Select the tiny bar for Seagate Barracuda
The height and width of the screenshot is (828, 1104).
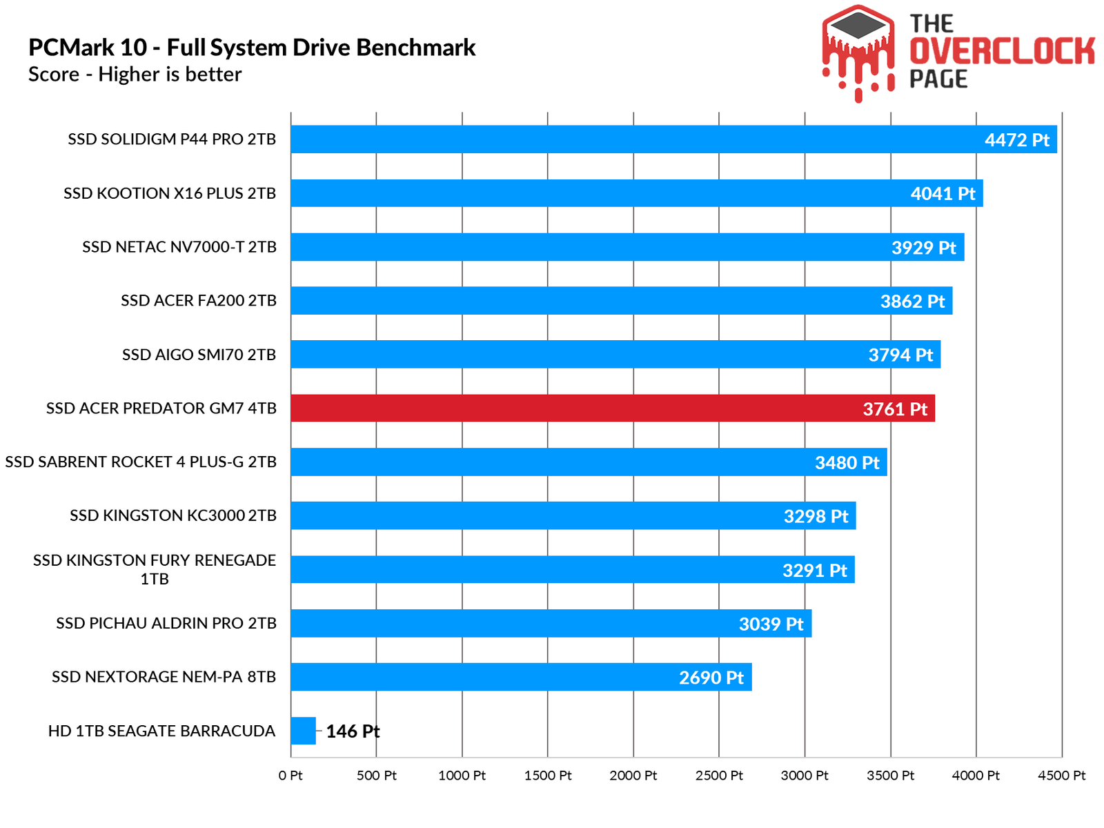click(303, 731)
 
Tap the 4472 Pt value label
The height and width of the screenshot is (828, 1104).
click(1016, 140)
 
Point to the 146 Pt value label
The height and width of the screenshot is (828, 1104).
click(353, 731)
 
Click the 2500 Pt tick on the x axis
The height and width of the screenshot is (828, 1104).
click(719, 776)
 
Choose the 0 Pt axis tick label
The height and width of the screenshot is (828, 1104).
click(290, 776)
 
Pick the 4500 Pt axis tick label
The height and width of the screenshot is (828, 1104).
click(1061, 776)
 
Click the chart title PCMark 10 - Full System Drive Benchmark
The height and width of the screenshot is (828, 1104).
click(252, 48)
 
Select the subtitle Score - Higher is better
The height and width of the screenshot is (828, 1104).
click(135, 75)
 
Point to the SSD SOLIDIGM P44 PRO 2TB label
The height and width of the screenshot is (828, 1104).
click(172, 139)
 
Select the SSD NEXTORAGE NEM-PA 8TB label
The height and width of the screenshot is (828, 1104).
click(164, 677)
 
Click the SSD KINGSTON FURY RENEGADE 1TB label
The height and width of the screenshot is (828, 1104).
click(155, 569)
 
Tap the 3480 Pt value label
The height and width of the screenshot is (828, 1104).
click(847, 462)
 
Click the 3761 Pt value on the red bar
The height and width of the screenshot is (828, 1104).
click(895, 409)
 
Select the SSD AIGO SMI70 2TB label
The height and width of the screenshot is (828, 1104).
click(199, 355)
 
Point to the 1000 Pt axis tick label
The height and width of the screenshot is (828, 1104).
click(462, 776)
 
